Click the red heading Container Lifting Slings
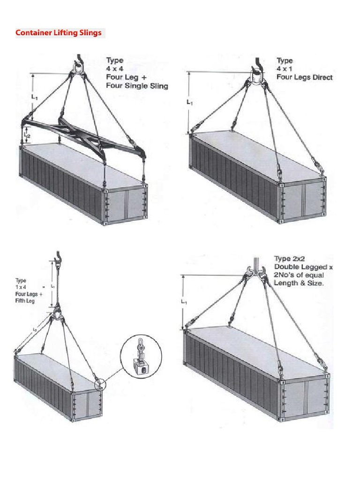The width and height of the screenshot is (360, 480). (x=59, y=33)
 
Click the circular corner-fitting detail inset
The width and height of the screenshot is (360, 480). (x=141, y=356)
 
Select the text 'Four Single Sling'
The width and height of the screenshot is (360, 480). (x=137, y=86)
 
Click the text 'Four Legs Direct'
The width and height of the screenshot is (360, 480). (x=304, y=77)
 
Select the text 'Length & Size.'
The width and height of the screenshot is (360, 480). (x=299, y=284)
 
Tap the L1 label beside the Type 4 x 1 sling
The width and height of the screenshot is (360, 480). (x=189, y=102)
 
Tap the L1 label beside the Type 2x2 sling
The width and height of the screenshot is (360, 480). (x=184, y=302)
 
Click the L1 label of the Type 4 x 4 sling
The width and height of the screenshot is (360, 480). (x=34, y=97)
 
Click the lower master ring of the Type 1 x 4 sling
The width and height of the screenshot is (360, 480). (x=57, y=313)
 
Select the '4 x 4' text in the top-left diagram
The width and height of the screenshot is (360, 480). (x=114, y=69)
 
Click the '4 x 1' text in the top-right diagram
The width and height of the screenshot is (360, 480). (x=285, y=69)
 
